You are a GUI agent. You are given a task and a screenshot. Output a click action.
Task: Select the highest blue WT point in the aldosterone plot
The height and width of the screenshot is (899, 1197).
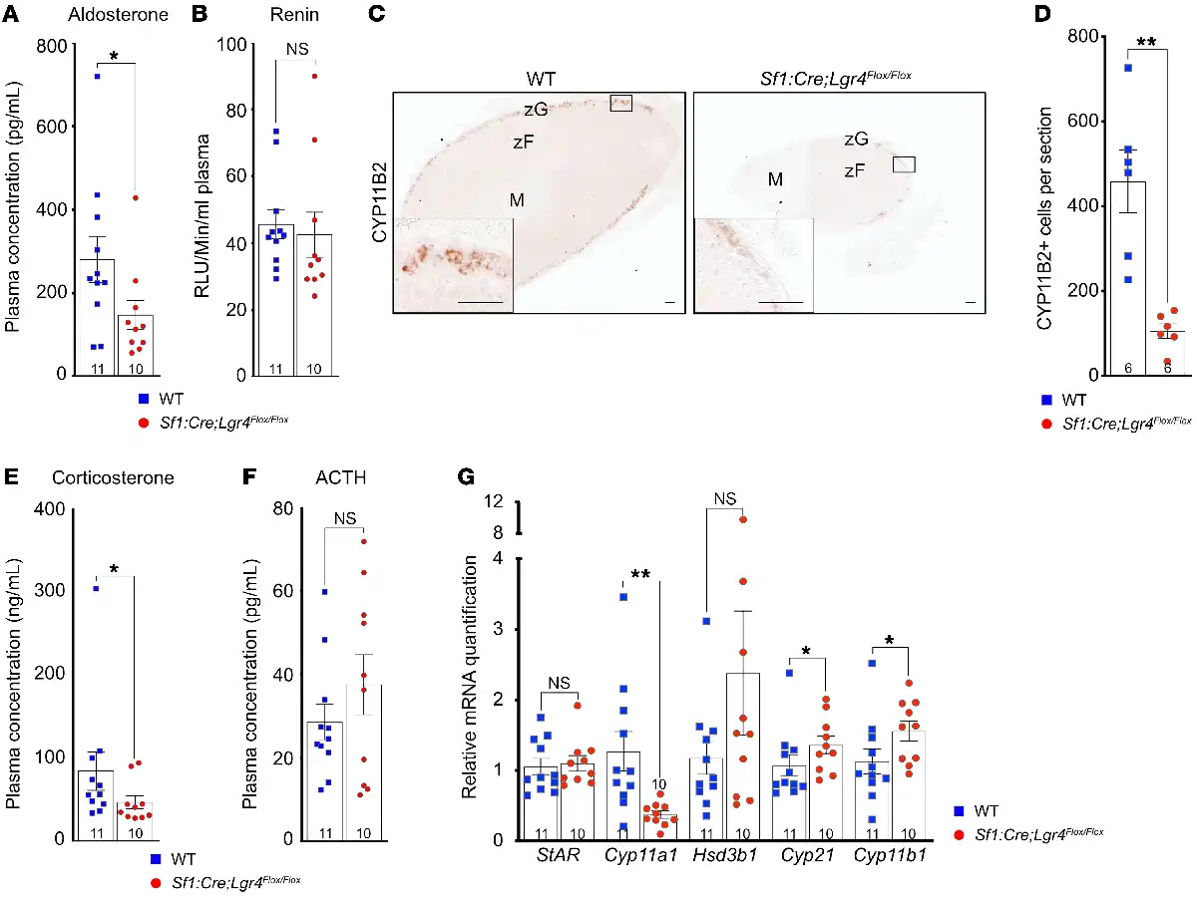pyautogui.click(x=98, y=76)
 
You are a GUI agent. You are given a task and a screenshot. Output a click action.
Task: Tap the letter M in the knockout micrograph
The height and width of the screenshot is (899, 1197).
pyautogui.click(x=774, y=179)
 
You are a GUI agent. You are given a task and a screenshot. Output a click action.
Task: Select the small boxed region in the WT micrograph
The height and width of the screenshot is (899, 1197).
pyautogui.click(x=621, y=104)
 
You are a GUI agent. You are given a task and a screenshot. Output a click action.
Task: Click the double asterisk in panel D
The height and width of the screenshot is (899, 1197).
pyautogui.click(x=1144, y=45)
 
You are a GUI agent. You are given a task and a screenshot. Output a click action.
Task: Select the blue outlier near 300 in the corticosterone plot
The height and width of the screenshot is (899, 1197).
pyautogui.click(x=96, y=589)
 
